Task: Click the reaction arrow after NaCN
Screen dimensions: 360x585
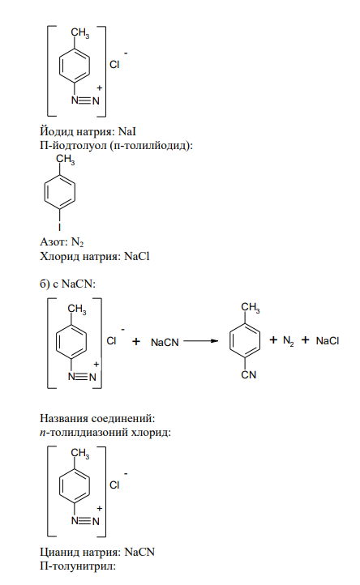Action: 200,341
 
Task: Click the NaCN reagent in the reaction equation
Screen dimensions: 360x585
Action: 165,342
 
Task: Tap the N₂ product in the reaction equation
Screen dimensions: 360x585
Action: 288,340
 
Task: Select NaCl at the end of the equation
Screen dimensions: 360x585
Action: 327,340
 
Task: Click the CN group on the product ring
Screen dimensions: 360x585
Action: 249,374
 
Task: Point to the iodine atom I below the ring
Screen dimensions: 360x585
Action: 59,226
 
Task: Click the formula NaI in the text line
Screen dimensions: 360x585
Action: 127,132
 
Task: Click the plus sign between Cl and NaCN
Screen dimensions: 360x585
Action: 136,341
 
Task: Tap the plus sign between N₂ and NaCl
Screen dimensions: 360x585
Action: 306,339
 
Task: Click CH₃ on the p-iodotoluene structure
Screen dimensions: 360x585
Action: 66,160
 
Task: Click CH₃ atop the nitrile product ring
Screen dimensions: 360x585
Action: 251,308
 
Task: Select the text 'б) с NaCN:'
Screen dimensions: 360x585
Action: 67,284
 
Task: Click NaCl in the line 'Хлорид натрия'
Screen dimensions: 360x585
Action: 137,256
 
